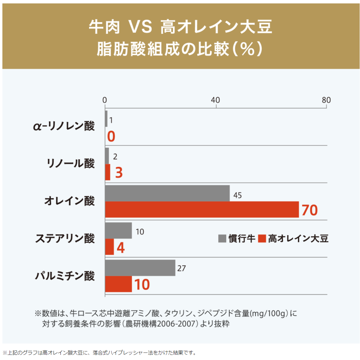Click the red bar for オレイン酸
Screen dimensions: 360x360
pos(202,209)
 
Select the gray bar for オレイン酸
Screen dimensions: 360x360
pos(167,193)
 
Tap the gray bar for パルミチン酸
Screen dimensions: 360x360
pos(140,268)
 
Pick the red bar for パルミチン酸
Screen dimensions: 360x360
pos(118,284)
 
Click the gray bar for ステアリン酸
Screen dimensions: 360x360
pos(118,231)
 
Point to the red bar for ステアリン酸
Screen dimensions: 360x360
pos(110,247)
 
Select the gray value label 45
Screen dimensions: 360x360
pos(237,195)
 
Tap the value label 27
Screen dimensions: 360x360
pos(182,268)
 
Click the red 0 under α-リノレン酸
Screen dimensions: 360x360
pos(111,136)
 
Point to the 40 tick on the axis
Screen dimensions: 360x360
pos(215,100)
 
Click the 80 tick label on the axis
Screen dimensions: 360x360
pos(326,100)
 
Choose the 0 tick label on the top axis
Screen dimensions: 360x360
pos(105,100)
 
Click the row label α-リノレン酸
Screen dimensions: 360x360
pos(64,126)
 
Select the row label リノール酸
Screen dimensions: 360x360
pos(71,163)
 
